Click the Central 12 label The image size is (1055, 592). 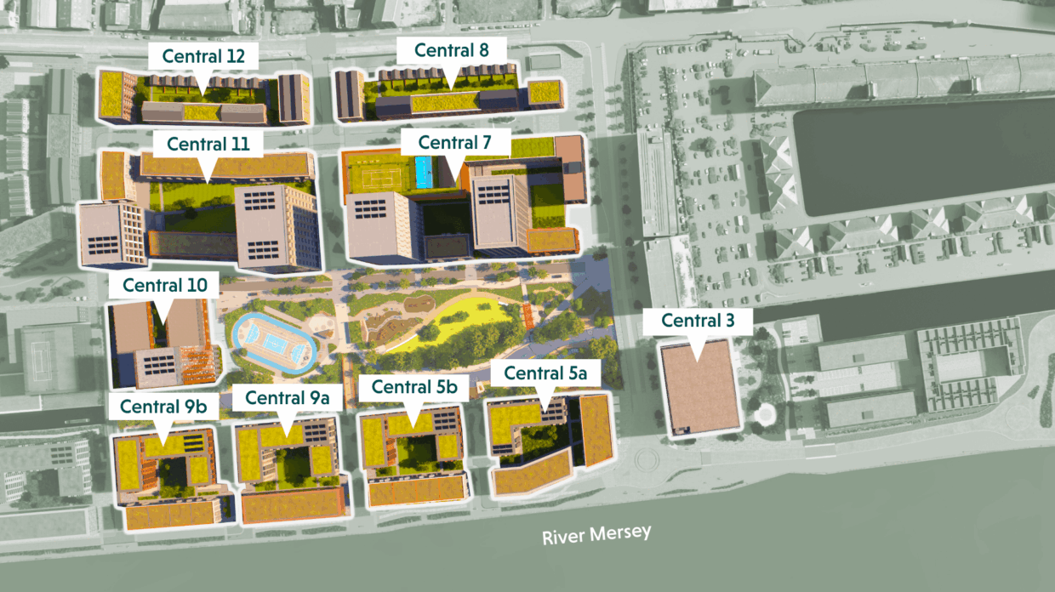click(x=203, y=57)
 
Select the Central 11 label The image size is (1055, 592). click(x=208, y=144)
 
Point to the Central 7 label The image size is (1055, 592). click(x=454, y=143)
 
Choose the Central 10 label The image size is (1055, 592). click(x=164, y=285)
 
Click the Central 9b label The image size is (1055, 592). click(x=163, y=407)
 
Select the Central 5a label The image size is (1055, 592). click(x=545, y=373)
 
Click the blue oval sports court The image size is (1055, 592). click(x=273, y=344)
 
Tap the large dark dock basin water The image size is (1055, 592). click(x=919, y=157)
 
